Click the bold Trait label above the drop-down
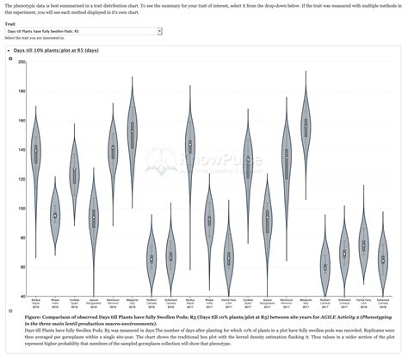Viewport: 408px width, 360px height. coord(9,24)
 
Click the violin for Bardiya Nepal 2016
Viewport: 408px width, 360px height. coord(35,151)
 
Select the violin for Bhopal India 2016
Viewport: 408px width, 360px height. coord(55,214)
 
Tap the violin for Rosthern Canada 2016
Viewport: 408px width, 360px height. coord(151,258)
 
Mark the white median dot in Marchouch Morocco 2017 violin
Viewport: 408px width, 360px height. coord(287,157)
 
